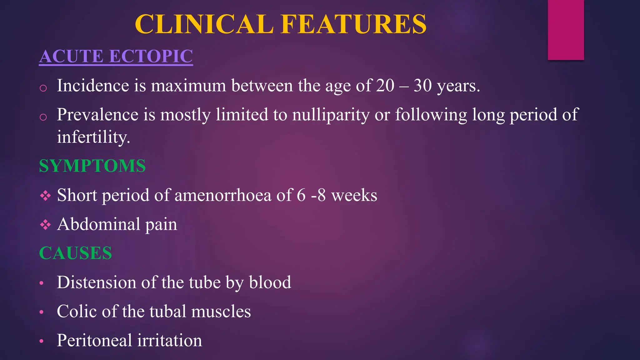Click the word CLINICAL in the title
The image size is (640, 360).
pyautogui.click(x=204, y=24)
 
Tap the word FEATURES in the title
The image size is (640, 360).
pyautogui.click(x=353, y=24)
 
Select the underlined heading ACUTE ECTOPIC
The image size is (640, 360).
pyautogui.click(x=116, y=57)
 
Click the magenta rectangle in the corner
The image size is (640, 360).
pyautogui.click(x=566, y=30)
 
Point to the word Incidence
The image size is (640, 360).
pyautogui.click(x=93, y=85)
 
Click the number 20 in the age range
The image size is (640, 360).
pyautogui.click(x=385, y=85)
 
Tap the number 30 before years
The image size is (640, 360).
pyautogui.click(x=422, y=85)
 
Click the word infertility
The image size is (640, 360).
pyautogui.click(x=93, y=137)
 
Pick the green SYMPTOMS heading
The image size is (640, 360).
pyautogui.click(x=92, y=166)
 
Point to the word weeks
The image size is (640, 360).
pyautogui.click(x=354, y=195)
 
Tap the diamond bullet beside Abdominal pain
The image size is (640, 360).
pyautogui.click(x=45, y=224)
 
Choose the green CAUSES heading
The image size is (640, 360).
pyautogui.click(x=75, y=253)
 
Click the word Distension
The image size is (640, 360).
pyautogui.click(x=97, y=282)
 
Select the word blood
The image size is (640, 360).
pyautogui.click(x=270, y=282)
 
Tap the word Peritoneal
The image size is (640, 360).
pyautogui.click(x=94, y=340)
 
